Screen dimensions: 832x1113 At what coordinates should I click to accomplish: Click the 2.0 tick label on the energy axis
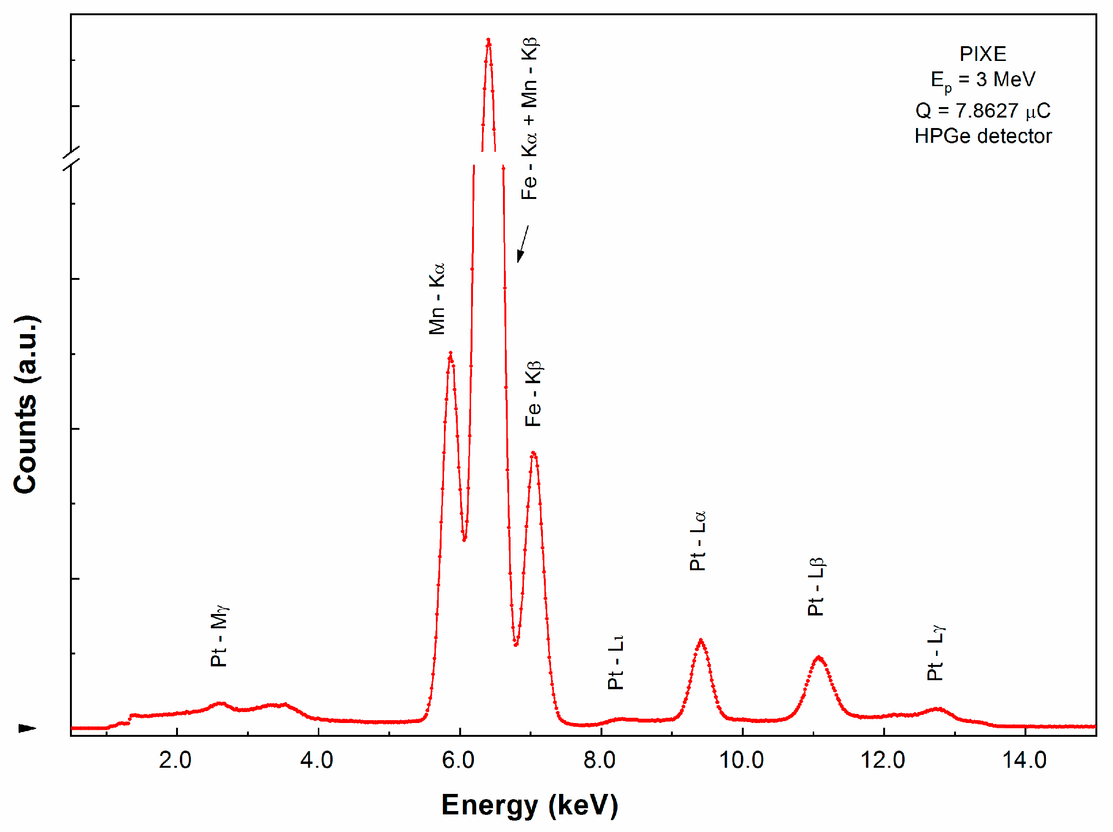[175, 760]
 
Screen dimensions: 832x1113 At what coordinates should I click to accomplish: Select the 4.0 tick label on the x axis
[316, 760]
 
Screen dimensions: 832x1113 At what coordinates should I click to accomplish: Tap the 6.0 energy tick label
[458, 760]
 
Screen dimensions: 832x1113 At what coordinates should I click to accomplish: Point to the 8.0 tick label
[599, 760]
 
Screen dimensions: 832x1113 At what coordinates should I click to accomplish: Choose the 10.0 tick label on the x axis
[741, 760]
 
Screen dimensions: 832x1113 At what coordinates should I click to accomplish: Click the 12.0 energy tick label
[883, 760]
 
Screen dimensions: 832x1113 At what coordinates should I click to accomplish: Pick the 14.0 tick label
[1024, 760]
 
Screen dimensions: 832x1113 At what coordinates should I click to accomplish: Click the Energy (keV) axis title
[529, 805]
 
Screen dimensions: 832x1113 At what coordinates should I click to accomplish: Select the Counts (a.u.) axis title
[26, 405]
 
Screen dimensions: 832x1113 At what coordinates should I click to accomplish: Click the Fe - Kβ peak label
[533, 394]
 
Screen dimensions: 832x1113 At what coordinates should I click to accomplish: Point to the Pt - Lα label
[698, 541]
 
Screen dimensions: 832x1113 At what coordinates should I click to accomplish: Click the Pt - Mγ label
[219, 636]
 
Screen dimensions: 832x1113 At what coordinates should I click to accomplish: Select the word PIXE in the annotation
[983, 54]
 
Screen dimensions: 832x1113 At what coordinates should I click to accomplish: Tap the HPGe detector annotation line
[983, 136]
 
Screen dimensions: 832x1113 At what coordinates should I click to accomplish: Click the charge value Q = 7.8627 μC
[983, 110]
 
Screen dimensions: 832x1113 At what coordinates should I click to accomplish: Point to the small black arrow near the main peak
[523, 244]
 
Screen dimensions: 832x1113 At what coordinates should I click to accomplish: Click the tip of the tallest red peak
[488, 40]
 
